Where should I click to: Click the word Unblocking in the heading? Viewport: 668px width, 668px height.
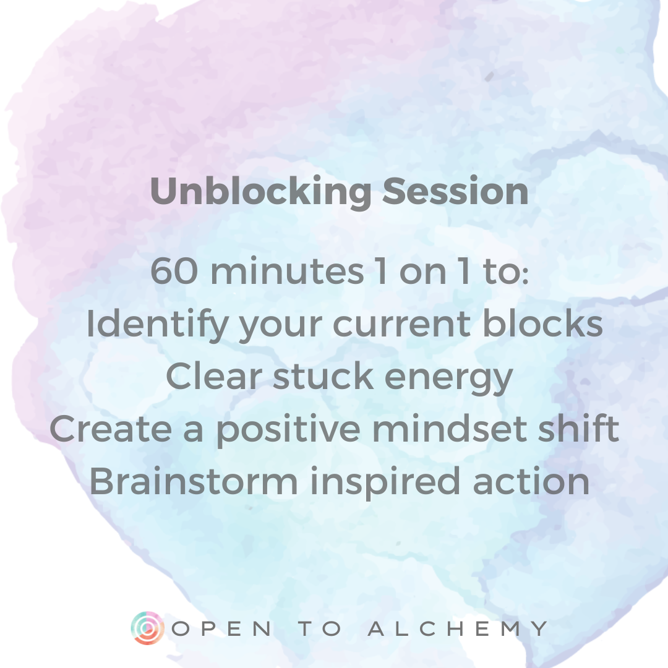260,192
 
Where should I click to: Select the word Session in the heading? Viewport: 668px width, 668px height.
455,192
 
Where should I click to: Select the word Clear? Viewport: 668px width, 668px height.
215,377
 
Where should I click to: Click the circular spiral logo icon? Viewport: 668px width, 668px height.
147,628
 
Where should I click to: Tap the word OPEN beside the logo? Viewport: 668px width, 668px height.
222,629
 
